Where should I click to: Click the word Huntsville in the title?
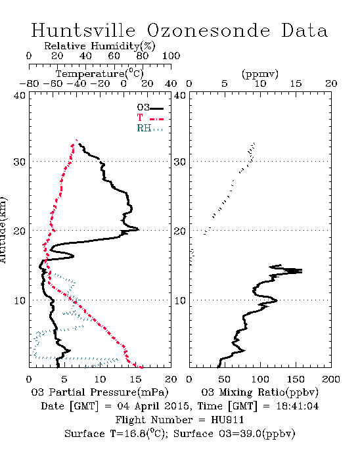tap(83, 30)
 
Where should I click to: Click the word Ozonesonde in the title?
tap(208, 30)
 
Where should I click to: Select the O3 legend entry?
tap(150, 108)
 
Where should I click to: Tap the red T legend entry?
tap(150, 118)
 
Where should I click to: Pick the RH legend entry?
tap(150, 128)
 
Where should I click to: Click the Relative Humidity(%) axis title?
tap(100, 46)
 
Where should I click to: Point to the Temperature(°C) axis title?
tap(100, 74)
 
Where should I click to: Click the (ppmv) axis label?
tap(260, 74)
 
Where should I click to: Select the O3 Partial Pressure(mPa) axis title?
tap(100, 392)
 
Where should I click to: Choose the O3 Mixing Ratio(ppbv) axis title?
tap(259, 392)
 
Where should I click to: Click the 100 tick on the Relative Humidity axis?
tap(171, 56)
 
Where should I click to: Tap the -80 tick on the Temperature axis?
tap(29, 83)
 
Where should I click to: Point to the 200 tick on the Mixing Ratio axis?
tap(331, 379)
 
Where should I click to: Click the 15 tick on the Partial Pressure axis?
tap(135, 379)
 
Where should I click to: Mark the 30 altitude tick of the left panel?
tap(19, 162)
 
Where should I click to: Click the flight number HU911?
tap(227, 420)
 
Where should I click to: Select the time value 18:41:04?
tap(298, 406)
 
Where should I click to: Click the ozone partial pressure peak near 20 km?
tap(139, 229)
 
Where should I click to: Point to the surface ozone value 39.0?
tap(250, 433)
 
